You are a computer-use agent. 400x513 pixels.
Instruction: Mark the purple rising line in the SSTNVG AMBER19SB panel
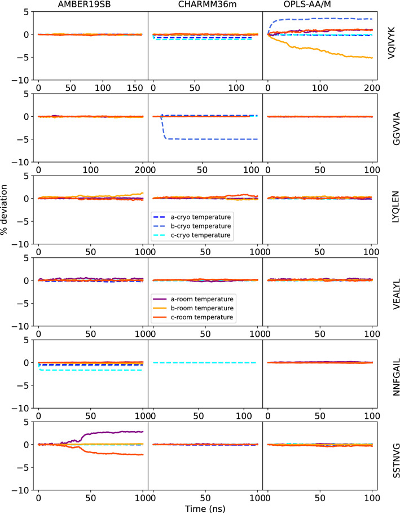pyautogui.click(x=113, y=433)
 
